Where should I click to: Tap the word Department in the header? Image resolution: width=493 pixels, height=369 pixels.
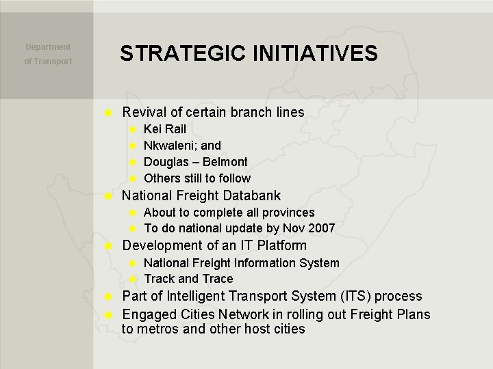tap(48, 47)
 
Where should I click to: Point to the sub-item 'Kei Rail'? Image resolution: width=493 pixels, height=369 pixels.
tap(164, 129)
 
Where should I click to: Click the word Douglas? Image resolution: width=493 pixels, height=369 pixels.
tap(165, 162)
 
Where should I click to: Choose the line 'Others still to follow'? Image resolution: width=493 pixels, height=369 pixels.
tap(197, 178)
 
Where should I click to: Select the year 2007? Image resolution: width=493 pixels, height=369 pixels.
tap(322, 228)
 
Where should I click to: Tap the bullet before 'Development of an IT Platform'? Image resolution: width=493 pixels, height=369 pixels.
tap(107, 245)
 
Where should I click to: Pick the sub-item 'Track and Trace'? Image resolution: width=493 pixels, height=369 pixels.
tap(188, 279)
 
